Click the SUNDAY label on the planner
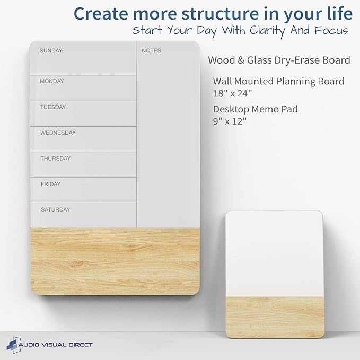click(x=51, y=51)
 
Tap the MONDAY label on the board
click(x=52, y=82)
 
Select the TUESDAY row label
click(x=53, y=107)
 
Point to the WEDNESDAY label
click(x=58, y=133)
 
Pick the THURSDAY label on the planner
click(x=56, y=159)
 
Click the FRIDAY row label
click(x=51, y=185)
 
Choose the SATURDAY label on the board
click(x=56, y=210)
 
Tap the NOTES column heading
click(x=151, y=51)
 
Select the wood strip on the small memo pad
click(x=274, y=317)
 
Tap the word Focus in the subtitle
click(x=329, y=30)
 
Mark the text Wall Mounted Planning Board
click(x=278, y=81)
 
